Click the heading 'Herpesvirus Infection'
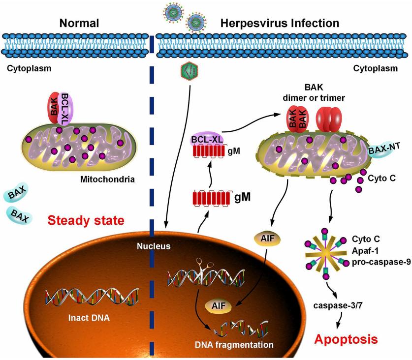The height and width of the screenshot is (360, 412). [x=280, y=23]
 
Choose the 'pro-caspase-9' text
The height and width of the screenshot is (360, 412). [x=381, y=262]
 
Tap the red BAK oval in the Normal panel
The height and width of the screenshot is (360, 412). [x=54, y=108]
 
